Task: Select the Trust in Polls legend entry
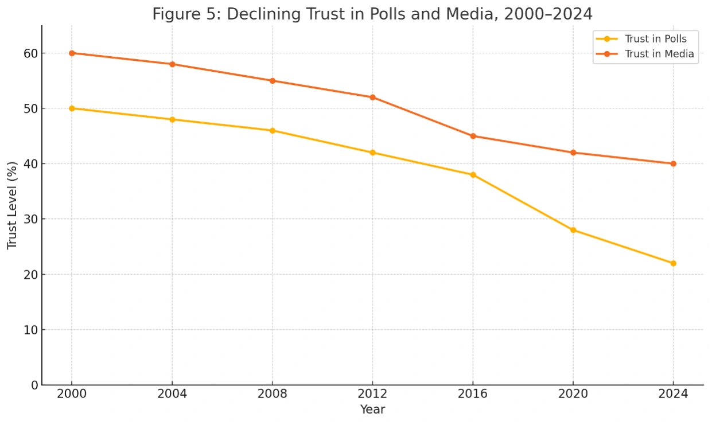click(x=655, y=39)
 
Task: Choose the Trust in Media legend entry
click(x=659, y=54)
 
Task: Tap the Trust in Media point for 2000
click(x=72, y=53)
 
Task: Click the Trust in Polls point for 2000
click(x=72, y=108)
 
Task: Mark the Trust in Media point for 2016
click(x=473, y=136)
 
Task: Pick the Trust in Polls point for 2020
click(x=573, y=230)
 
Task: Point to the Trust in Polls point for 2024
click(x=673, y=263)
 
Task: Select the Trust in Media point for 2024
click(x=673, y=163)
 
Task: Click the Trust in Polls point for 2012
click(x=372, y=153)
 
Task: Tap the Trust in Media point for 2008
click(x=273, y=80)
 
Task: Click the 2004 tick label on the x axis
click(x=172, y=395)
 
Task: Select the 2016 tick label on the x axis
click(x=473, y=395)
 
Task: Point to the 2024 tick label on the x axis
click(x=673, y=395)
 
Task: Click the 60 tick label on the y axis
click(x=30, y=53)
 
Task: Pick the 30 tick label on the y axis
click(x=30, y=219)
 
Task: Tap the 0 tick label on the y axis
click(x=34, y=385)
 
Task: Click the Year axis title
click(x=372, y=410)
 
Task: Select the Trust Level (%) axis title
click(x=12, y=205)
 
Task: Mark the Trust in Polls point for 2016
click(x=473, y=174)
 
